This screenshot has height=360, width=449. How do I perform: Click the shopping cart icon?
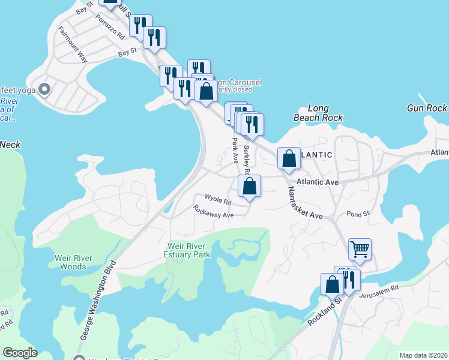point(360,248)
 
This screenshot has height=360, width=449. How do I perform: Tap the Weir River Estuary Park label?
point(189,251)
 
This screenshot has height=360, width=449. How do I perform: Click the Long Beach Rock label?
point(318,113)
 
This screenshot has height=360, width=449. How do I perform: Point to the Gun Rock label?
point(427,108)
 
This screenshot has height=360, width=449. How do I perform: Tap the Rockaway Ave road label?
point(213,211)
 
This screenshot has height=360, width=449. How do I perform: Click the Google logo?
point(19,353)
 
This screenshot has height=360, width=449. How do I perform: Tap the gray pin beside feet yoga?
point(44,90)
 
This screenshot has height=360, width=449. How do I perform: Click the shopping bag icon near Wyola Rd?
point(250,187)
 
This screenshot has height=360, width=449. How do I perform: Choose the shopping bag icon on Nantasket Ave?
point(289,158)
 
